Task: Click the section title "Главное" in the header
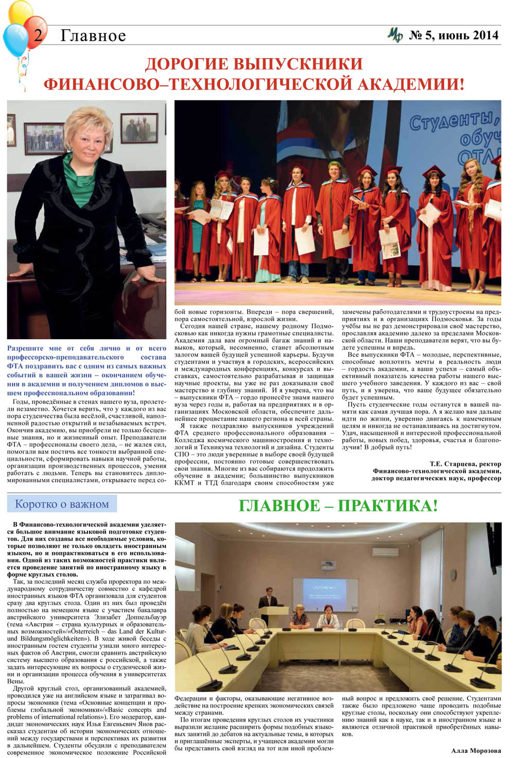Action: pyautogui.click(x=93, y=36)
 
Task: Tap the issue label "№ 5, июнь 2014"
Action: pyautogui.click(x=454, y=35)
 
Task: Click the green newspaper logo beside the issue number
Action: pyautogui.click(x=395, y=35)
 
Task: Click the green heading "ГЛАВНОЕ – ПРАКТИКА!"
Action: pyautogui.click(x=338, y=505)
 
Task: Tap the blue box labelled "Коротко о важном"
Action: pyautogui.click(x=62, y=504)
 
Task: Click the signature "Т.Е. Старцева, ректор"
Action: pyautogui.click(x=465, y=464)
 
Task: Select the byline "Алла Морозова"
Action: pyautogui.click(x=476, y=751)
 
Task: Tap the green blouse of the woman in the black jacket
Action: pyautogui.click(x=80, y=180)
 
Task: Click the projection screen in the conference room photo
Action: pyautogui.click(x=319, y=594)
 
